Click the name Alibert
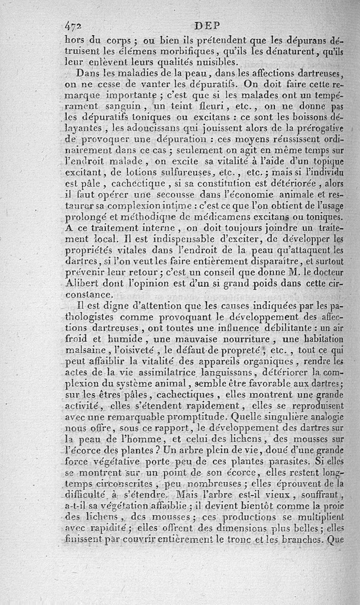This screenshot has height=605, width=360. (x=83, y=284)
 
